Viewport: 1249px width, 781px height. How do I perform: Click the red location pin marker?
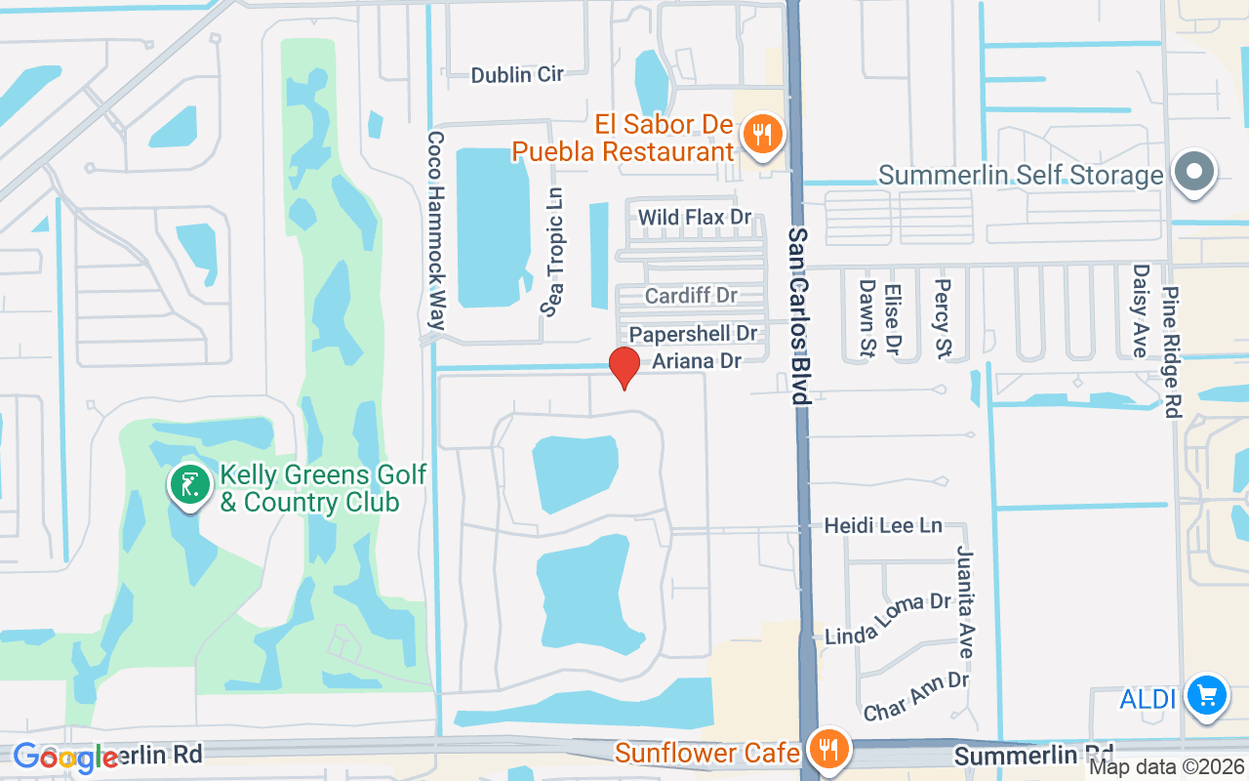click(624, 366)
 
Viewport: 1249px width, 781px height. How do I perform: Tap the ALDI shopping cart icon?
click(1207, 696)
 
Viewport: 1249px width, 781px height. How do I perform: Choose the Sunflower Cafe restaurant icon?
click(829, 750)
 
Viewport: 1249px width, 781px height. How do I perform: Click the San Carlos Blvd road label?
click(799, 317)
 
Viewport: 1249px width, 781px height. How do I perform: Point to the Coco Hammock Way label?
click(435, 237)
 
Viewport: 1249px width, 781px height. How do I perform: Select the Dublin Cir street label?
click(516, 75)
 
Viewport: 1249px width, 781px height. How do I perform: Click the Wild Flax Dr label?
click(695, 217)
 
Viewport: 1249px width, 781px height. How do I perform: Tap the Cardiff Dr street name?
click(691, 295)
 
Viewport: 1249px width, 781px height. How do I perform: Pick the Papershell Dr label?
click(693, 334)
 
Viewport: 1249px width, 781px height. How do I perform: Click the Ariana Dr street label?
click(697, 361)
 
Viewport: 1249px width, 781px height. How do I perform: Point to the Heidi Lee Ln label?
click(883, 525)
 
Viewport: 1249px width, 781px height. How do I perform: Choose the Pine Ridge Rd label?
click(1172, 339)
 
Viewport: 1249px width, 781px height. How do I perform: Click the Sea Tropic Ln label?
click(554, 253)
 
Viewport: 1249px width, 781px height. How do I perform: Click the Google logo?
click(64, 758)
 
